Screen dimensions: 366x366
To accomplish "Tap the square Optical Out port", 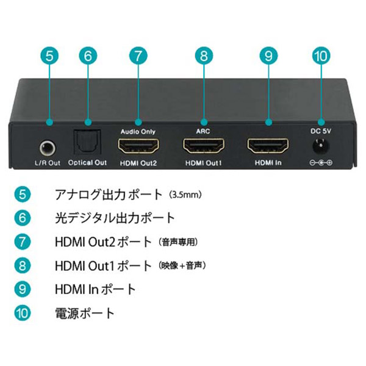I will (x=87, y=146).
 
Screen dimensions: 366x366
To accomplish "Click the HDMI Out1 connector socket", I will (x=203, y=146).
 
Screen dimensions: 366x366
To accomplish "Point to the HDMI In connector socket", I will (x=268, y=146).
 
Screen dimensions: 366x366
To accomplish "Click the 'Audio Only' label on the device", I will (x=138, y=131).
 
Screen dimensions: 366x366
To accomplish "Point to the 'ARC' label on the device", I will (x=203, y=131).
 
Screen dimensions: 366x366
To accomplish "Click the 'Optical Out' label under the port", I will (x=87, y=163).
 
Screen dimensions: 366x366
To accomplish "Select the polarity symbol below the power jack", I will (x=320, y=163).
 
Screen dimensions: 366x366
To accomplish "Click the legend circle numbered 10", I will (x=23, y=314).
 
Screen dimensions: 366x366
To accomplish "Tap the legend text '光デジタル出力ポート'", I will (x=115, y=217).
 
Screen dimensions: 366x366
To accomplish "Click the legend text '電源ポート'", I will (x=84, y=314).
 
